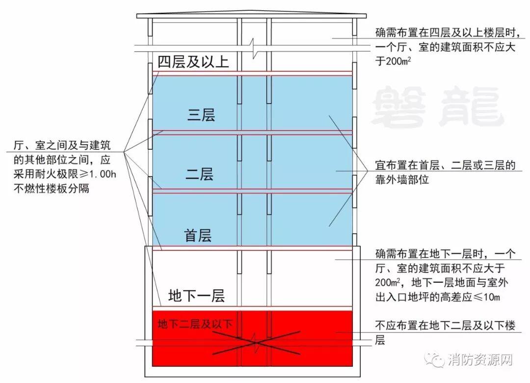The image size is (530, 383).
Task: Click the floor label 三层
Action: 201,115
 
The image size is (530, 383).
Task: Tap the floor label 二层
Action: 200,174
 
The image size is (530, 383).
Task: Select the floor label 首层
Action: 198,236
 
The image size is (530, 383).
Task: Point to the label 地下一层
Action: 196,296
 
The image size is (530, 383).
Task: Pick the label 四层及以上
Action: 193,62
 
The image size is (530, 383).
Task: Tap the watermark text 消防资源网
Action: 480,360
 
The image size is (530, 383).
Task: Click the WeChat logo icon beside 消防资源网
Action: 436,360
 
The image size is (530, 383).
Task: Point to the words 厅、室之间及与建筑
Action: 62,146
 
